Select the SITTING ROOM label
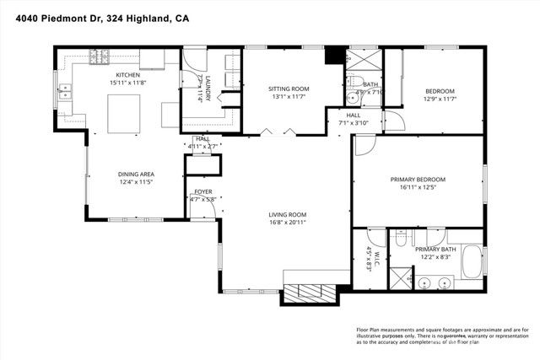(289, 88)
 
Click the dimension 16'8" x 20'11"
(287, 223)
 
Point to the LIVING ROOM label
(287, 214)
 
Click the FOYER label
(202, 191)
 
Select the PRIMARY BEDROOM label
(417, 179)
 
